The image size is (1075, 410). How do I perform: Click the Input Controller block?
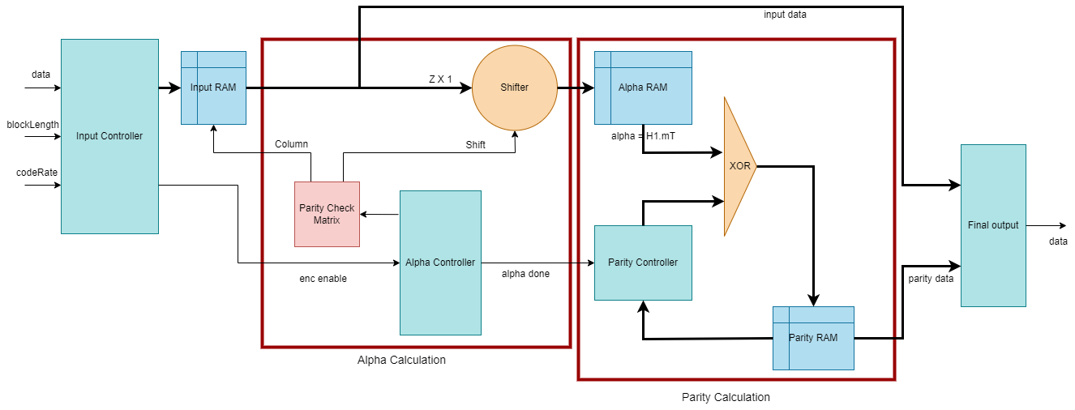click(x=109, y=136)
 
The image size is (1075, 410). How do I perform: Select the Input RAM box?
click(x=213, y=88)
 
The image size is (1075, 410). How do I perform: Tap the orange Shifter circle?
click(x=515, y=88)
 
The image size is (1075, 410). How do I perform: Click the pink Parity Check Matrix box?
click(x=327, y=214)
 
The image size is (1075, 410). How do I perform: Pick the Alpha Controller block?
click(x=440, y=263)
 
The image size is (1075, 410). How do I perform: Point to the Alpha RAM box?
click(x=643, y=88)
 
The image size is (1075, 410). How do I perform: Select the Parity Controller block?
click(x=643, y=263)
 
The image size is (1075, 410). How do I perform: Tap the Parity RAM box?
click(x=813, y=338)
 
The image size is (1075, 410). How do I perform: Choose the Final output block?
click(x=993, y=225)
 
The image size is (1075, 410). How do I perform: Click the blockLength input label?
click(x=32, y=125)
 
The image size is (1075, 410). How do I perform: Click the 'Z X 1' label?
click(x=440, y=79)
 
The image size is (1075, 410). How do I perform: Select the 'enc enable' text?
click(x=323, y=279)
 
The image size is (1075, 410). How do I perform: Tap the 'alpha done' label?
click(x=525, y=274)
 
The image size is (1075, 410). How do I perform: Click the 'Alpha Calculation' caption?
click(x=401, y=360)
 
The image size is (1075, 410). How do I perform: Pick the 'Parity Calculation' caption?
click(x=726, y=397)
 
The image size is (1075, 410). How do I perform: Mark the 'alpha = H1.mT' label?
click(x=644, y=136)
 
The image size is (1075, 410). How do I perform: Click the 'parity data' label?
click(x=931, y=279)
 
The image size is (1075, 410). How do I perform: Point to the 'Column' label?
click(x=291, y=144)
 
